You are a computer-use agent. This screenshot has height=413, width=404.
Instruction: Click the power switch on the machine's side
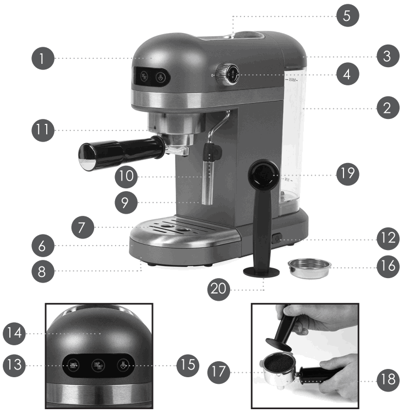(x=275, y=240)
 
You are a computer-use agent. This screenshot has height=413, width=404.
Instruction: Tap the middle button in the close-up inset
(x=98, y=364)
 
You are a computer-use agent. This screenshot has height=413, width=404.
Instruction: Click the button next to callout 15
(x=122, y=364)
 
